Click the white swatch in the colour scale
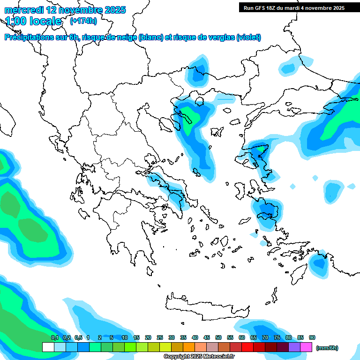pyautogui.click(x=48, y=347)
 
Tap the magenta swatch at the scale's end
pyautogui.click(x=306, y=347)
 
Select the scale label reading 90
pyautogui.click(x=312, y=338)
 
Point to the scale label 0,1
pyautogui.click(x=55, y=338)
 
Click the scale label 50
pyautogui.click(x=218, y=338)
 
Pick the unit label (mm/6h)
pyautogui.click(x=327, y=348)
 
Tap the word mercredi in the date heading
pyautogui.click(x=23, y=10)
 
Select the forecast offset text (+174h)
pyautogui.click(x=83, y=21)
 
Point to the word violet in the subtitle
pyautogui.click(x=248, y=37)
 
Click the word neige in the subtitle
pyautogui.click(x=126, y=37)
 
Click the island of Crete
pyautogui.click(x=206, y=305)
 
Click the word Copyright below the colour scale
pyautogui.click(x=177, y=357)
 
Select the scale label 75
pyautogui.click(x=277, y=338)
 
